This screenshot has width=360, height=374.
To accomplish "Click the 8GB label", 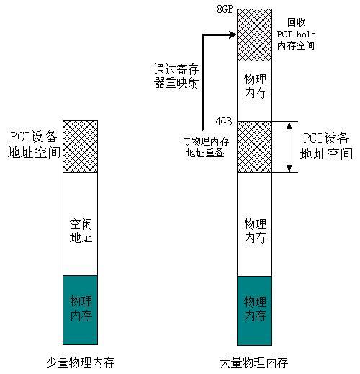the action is tap(225, 9).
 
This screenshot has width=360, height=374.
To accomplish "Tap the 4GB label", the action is tap(224, 122).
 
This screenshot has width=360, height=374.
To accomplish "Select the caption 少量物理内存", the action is tap(81, 362).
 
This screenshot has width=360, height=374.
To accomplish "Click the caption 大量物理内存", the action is tap(253, 362).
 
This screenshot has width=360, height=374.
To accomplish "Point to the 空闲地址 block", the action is tap(81, 224).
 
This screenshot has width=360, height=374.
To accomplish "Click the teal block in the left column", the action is tap(81, 310).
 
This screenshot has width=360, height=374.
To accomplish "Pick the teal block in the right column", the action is tap(255, 311).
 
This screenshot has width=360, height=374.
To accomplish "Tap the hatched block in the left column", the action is tap(81, 146).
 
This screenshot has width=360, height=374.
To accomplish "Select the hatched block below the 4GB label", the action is tap(255, 147).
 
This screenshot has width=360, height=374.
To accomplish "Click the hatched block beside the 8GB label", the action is tap(255, 35).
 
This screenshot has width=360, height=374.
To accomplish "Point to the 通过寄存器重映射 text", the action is tap(176, 76).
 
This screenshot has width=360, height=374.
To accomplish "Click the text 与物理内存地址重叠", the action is tap(205, 147).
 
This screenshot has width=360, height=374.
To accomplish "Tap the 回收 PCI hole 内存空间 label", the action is tap(296, 35).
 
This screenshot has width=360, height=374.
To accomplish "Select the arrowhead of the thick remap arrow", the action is tap(233, 35).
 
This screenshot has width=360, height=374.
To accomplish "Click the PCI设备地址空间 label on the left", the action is tap(34, 145).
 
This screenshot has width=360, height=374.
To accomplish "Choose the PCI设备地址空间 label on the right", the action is tap(326, 146).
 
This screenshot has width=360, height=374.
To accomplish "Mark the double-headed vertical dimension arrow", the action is tap(289, 147).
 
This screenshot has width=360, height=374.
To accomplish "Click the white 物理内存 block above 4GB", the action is tap(255, 91).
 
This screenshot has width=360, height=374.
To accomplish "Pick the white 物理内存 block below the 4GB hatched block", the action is tap(255, 224).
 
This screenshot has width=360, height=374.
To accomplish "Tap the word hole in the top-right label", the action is tap(306, 35).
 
